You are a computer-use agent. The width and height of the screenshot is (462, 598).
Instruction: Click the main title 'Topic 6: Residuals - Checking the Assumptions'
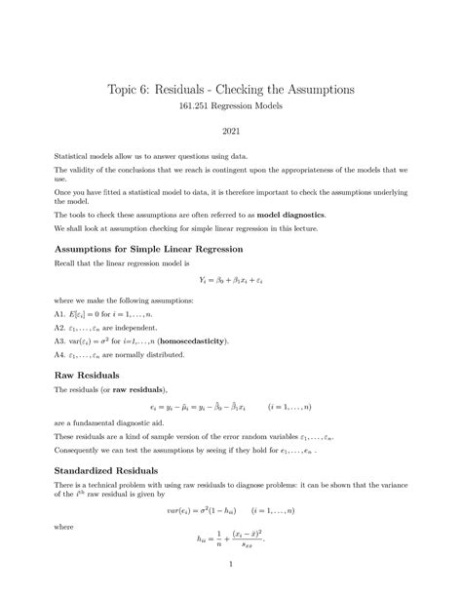pyautogui.click(x=230, y=90)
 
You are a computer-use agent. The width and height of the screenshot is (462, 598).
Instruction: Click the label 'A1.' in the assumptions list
pyautogui.click(x=60, y=315)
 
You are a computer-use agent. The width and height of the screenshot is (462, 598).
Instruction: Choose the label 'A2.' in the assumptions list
pyautogui.click(x=60, y=329)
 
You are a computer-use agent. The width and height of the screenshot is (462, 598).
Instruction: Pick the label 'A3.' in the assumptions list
pyautogui.click(x=60, y=341)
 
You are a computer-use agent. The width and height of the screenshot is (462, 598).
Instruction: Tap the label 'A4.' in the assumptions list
pyautogui.click(x=60, y=355)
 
